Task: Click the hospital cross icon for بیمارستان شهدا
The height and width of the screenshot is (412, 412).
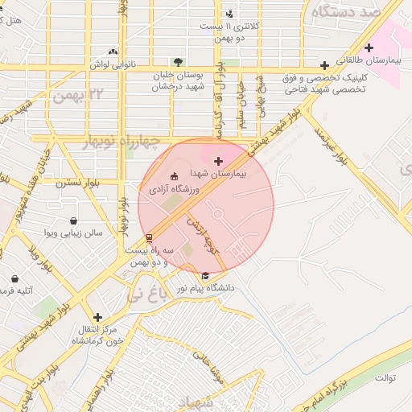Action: click(x=218, y=162)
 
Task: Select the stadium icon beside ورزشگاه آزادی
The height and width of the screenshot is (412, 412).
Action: click(x=175, y=176)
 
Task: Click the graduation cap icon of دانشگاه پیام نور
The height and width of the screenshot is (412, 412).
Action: click(x=204, y=275)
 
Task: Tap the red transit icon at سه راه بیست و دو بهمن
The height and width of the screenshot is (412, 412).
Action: click(x=149, y=237)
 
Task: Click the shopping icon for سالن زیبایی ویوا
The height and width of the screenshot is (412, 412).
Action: click(x=74, y=220)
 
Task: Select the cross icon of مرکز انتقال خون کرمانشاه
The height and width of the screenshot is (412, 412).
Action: click(x=97, y=317)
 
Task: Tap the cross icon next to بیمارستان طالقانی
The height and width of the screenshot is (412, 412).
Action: click(x=369, y=47)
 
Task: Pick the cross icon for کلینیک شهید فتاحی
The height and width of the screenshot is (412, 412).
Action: click(x=324, y=65)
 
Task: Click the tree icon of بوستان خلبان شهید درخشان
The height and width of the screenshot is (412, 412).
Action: click(x=178, y=61)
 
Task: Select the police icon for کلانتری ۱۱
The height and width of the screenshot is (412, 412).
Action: click(x=230, y=14)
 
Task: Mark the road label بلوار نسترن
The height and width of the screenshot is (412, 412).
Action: click(x=76, y=183)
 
